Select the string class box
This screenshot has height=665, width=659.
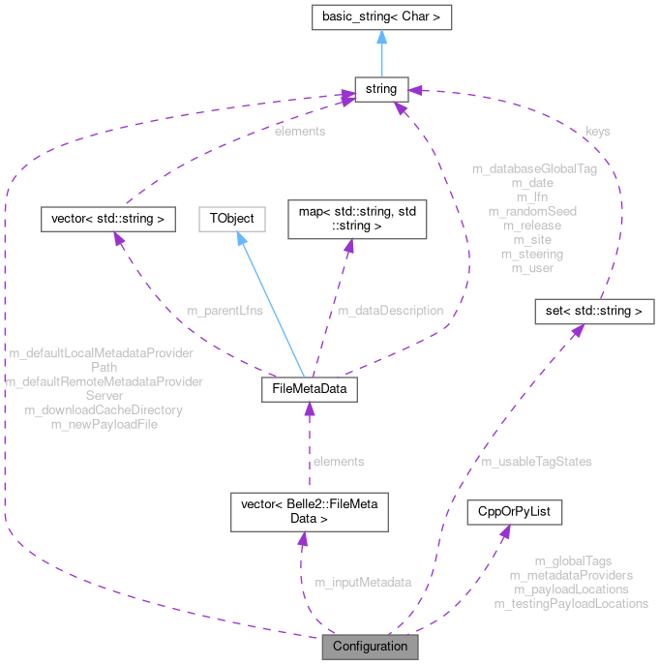tap(381, 90)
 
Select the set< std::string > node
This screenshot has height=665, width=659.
tap(595, 312)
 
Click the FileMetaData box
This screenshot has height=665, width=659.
tap(309, 390)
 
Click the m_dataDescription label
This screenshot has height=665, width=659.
tap(390, 311)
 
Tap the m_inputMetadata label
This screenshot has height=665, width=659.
tap(363, 582)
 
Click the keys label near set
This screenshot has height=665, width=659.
tap(598, 131)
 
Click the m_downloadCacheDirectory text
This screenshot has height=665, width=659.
tap(104, 409)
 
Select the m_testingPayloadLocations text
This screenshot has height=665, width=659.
tap(571, 603)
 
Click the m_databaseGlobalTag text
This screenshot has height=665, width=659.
tap(533, 168)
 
